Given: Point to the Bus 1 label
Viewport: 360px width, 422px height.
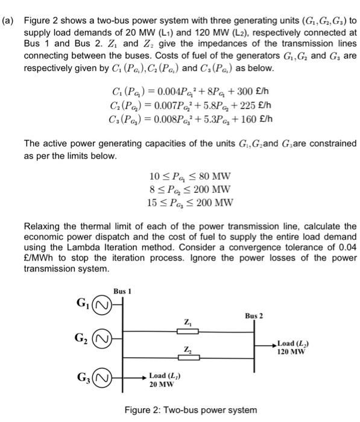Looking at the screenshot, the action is pyautogui.click(x=122, y=292).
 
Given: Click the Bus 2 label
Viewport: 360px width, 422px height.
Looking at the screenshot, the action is pyautogui.click(x=254, y=315).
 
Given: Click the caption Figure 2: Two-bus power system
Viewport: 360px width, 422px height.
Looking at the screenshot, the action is pyautogui.click(x=191, y=410).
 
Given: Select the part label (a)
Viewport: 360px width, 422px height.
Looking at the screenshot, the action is pyautogui.click(x=8, y=20).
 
